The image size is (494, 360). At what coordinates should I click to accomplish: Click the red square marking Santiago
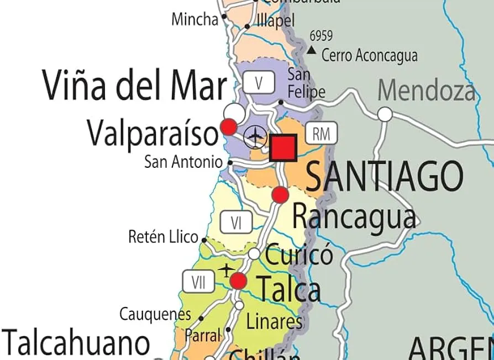tap(283, 148)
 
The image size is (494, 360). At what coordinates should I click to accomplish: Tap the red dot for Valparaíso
tap(229, 127)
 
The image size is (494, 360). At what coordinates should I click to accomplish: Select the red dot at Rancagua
tap(280, 194)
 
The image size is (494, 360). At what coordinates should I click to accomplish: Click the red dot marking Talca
tap(238, 281)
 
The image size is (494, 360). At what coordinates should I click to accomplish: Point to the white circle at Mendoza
tap(385, 114)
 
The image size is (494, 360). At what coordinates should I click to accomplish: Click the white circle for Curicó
tap(254, 254)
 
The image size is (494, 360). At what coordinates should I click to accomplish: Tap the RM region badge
tap(320, 133)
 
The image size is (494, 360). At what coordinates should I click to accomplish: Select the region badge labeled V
tap(259, 83)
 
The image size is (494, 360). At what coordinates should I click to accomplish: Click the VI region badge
tap(236, 223)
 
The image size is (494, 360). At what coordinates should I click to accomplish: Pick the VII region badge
tap(198, 282)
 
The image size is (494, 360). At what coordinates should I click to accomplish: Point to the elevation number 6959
tap(321, 36)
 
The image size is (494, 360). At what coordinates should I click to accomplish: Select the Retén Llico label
tap(163, 237)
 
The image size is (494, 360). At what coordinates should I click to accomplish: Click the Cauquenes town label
tap(155, 315)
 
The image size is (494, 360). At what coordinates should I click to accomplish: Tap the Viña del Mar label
tap(134, 87)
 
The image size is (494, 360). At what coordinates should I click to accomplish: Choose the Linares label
tap(274, 321)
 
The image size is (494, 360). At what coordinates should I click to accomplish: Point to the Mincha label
tap(195, 20)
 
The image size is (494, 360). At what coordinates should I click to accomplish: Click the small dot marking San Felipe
tap(281, 102)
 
